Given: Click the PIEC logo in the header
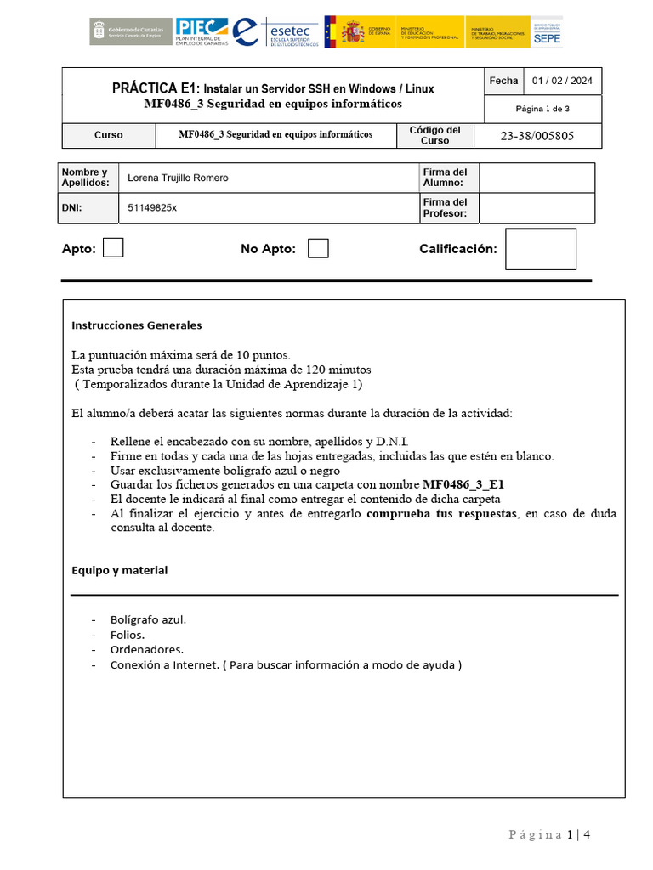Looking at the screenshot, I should (x=201, y=31).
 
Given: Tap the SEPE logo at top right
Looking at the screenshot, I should (x=548, y=31).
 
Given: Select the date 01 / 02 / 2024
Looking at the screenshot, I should (x=562, y=82).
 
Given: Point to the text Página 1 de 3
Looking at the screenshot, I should (x=542, y=109).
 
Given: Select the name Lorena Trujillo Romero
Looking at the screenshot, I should (x=178, y=178).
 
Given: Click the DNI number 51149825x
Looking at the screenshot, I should (x=152, y=207).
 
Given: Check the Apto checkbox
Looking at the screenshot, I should (x=113, y=248).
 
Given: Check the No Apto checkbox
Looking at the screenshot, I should (x=318, y=248).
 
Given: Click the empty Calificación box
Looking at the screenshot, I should (x=540, y=249).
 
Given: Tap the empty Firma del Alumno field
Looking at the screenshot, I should (x=536, y=178).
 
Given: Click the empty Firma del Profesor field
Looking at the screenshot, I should (x=536, y=207).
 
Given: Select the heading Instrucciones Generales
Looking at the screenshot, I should (x=137, y=325).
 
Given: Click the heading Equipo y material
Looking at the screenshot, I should (x=120, y=570).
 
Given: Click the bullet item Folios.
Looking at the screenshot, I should (x=128, y=635).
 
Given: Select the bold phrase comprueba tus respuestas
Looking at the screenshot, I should (x=441, y=514).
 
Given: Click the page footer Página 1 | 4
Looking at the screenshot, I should (x=548, y=834).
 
